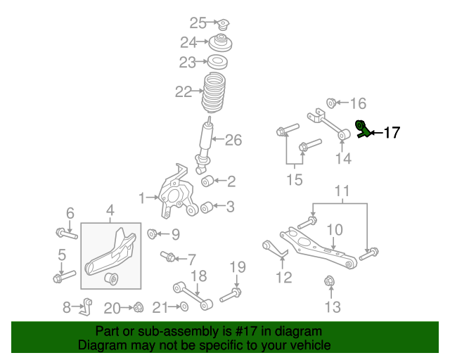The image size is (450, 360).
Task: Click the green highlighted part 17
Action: (364, 129)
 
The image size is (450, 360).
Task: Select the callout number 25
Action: (198, 22)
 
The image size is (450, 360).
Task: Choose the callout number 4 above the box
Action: (110, 210)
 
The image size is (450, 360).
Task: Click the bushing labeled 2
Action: (207, 182)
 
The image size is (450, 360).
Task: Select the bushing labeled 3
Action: (207, 207)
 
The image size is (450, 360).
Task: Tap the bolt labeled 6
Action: (65, 231)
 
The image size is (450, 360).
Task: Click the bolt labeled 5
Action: (64, 276)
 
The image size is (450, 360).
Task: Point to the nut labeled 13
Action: (329, 283)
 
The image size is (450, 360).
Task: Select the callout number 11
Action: (342, 191)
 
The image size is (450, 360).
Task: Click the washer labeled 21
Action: (183, 307)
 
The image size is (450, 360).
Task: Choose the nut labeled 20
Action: (139, 307)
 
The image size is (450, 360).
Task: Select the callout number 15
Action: (294, 181)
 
